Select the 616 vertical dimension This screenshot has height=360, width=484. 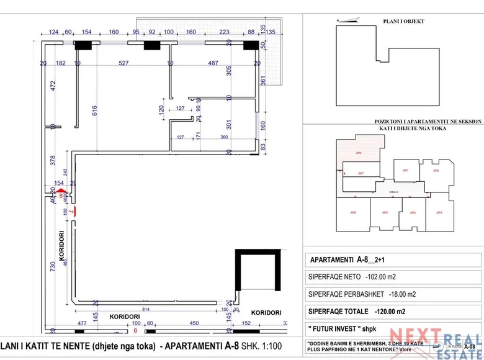pyautogui.click(x=95, y=111)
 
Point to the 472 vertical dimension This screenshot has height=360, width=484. pyautogui.click(x=53, y=86)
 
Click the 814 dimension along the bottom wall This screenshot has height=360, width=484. pyautogui.click(x=146, y=309)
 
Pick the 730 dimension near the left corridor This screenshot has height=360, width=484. pyautogui.click(x=53, y=264)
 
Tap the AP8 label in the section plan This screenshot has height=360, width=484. pyautogui.click(x=359, y=152)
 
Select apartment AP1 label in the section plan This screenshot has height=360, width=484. pyautogui.click(x=405, y=170)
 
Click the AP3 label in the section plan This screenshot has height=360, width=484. pyautogui.click(x=439, y=213)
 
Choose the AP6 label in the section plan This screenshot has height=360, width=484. pyautogui.click(x=352, y=213)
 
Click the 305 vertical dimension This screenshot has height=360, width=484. pyautogui.click(x=229, y=71)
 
